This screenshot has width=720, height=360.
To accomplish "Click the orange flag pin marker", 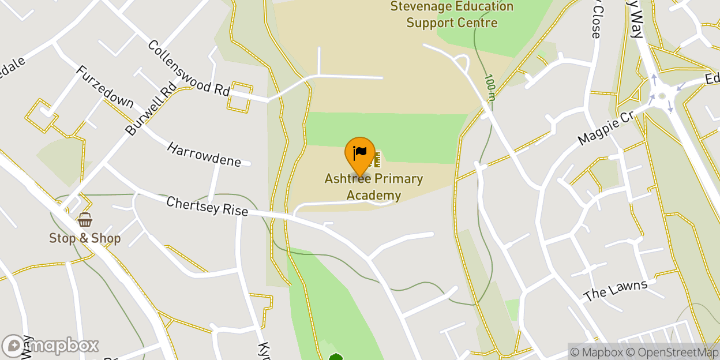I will pyautogui.click(x=360, y=153).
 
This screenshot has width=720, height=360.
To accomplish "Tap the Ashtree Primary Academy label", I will pyautogui.click(x=373, y=187).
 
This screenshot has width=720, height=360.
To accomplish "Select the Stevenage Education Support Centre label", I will pyautogui.click(x=452, y=15).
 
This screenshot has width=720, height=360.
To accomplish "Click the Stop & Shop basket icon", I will pyautogui.click(x=85, y=220).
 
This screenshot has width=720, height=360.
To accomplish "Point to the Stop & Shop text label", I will pyautogui.click(x=85, y=238).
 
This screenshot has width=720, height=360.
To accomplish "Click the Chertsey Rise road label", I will pyautogui.click(x=207, y=206).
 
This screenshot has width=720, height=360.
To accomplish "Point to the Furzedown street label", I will pyautogui.click(x=104, y=87).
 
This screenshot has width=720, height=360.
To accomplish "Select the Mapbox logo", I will pyautogui.click(x=50, y=346).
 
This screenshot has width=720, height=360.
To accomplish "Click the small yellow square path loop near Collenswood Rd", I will pyautogui.click(x=240, y=97).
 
